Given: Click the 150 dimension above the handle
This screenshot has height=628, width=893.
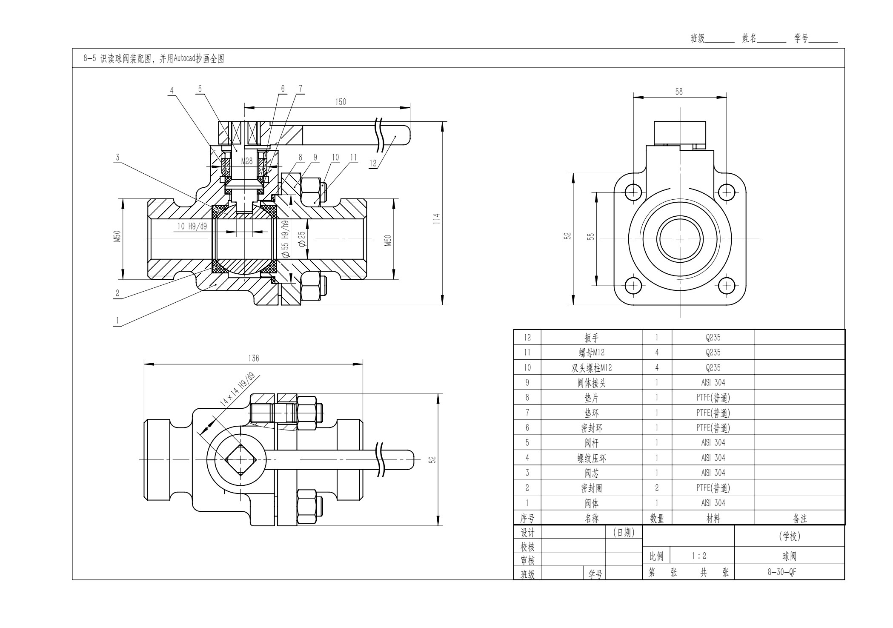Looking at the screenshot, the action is [x=341, y=102].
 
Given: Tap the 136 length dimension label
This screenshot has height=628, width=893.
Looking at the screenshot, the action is [x=253, y=358].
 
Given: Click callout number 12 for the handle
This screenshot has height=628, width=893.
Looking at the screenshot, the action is [x=373, y=163].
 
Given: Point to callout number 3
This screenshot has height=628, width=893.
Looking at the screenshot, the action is [x=117, y=157].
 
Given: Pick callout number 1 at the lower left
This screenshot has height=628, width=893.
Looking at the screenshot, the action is [x=117, y=321].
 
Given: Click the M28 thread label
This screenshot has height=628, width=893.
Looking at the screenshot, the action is [x=247, y=161].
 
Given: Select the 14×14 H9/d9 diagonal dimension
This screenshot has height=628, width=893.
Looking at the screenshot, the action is [x=237, y=389].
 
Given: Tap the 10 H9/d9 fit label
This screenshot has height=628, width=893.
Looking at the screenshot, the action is [x=192, y=227].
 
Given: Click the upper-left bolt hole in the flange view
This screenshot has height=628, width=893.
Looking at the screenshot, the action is [x=633, y=192].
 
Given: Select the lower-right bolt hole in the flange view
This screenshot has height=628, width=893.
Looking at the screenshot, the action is [x=727, y=285].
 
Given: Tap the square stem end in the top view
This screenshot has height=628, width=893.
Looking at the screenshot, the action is [x=240, y=459].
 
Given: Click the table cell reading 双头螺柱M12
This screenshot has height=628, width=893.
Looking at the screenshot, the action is [x=592, y=368].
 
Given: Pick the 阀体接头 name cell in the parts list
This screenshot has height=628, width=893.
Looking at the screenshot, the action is [x=592, y=383].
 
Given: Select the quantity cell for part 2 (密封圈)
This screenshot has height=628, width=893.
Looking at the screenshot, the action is [x=657, y=488].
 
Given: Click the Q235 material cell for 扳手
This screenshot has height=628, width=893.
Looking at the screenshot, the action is [x=713, y=338].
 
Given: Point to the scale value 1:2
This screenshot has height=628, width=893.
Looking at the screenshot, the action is [x=699, y=556].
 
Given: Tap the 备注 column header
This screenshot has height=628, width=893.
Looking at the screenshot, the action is [x=800, y=519].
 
